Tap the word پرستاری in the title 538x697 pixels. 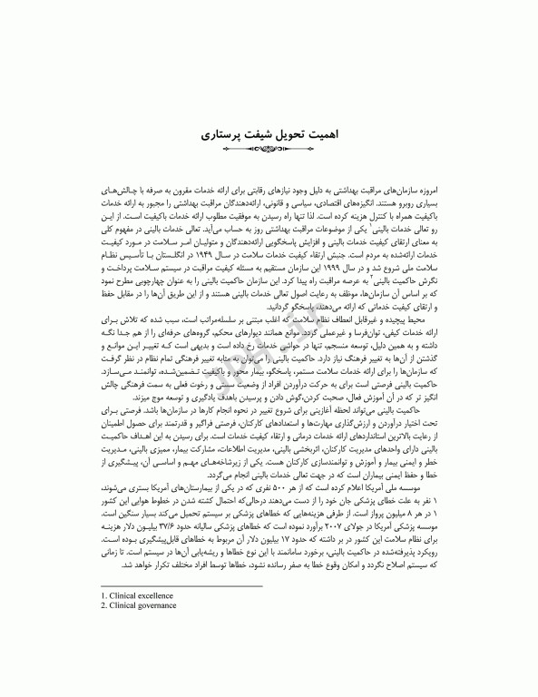coord(223,132)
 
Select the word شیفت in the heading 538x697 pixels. coord(263,132)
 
